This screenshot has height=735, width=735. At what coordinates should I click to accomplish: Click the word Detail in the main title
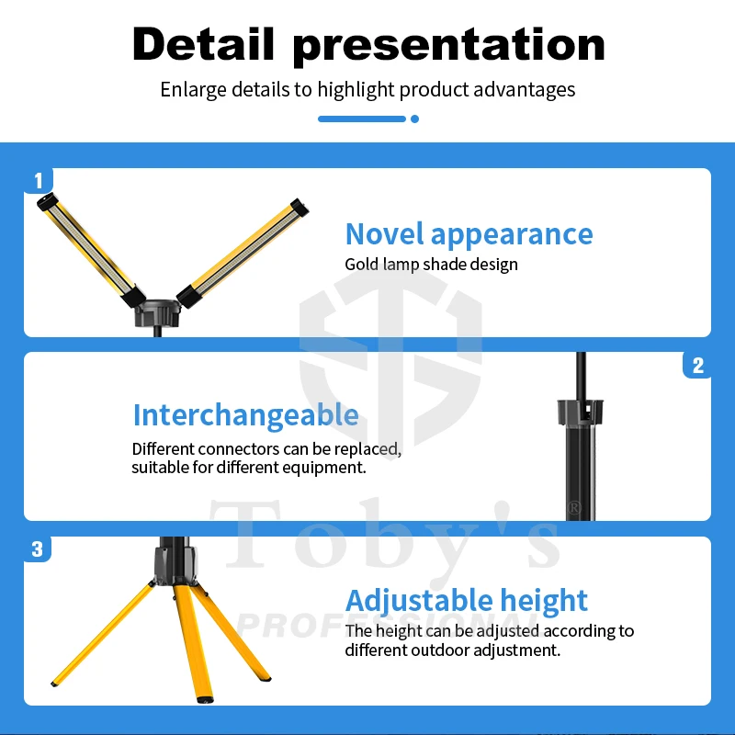(203, 44)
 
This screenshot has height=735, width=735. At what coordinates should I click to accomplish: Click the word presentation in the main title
(448, 47)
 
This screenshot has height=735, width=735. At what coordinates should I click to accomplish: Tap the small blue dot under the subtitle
(414, 119)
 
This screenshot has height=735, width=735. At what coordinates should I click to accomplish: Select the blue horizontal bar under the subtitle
(361, 119)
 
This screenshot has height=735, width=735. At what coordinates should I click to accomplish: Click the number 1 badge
(39, 180)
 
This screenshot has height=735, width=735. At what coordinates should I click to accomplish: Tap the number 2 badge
(697, 366)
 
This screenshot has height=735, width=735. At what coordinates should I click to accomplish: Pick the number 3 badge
(38, 549)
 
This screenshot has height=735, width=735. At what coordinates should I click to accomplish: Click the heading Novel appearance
(469, 234)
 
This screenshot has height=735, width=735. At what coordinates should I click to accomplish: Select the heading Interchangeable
(245, 416)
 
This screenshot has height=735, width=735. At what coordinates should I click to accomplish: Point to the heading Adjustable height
(467, 601)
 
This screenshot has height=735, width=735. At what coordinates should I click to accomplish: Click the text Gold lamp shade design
(431, 265)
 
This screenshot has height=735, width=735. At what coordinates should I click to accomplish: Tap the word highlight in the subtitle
(356, 89)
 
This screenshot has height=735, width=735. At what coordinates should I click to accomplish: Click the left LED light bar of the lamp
(91, 250)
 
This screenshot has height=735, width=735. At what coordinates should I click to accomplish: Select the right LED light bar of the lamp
(243, 254)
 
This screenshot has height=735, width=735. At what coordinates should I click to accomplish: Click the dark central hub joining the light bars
(157, 314)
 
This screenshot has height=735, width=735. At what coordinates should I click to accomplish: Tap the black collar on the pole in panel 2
(581, 412)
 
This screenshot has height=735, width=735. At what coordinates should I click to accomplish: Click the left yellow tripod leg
(103, 635)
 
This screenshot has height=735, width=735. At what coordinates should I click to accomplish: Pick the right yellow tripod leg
(231, 632)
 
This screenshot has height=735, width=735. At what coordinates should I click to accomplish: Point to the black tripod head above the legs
(175, 561)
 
